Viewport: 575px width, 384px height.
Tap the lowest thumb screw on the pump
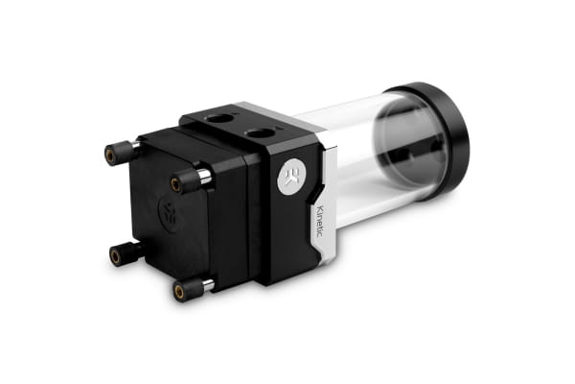tap(189, 288)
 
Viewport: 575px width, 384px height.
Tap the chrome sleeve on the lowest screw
tap(206, 285)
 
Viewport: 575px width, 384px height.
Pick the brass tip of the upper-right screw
tap(176, 182)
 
